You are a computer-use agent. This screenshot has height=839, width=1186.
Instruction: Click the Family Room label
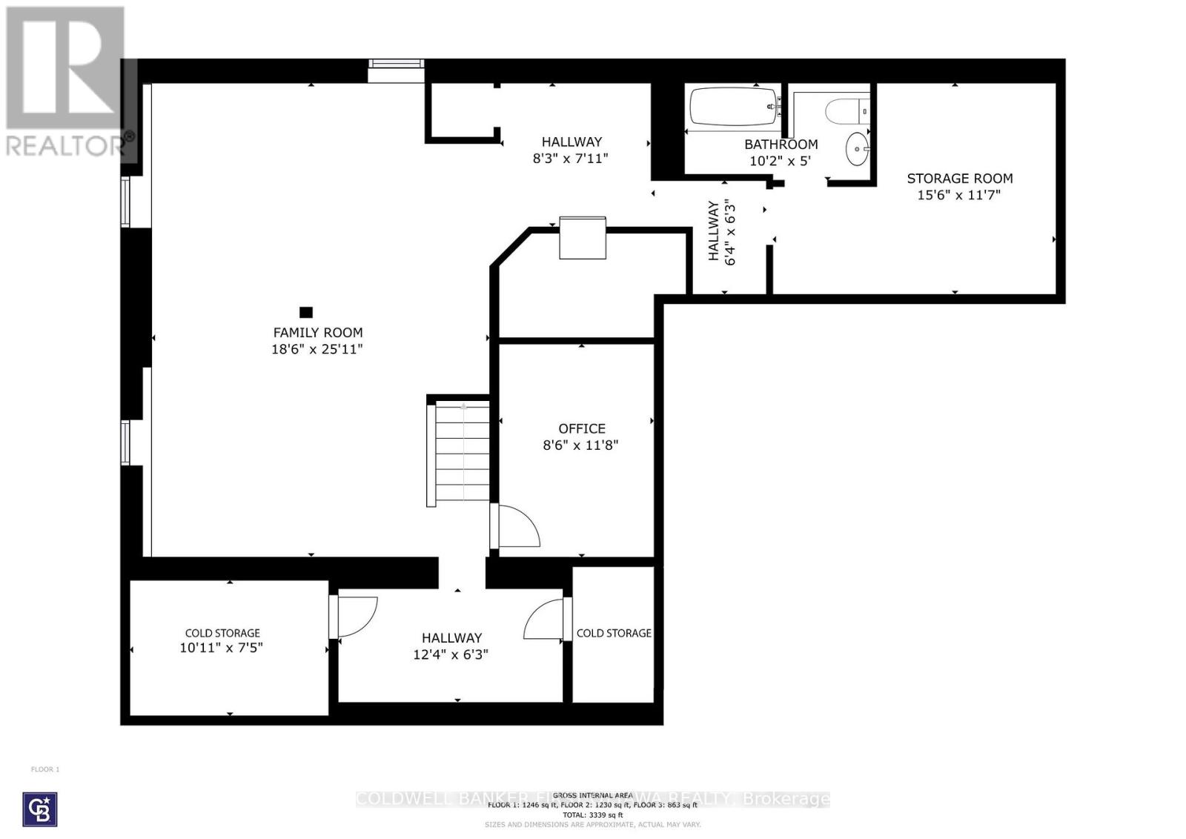[318, 333]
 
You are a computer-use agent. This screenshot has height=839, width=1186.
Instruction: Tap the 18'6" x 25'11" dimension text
[317, 349]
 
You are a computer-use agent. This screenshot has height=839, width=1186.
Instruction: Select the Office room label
[582, 428]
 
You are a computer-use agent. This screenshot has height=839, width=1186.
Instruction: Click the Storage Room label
[960, 178]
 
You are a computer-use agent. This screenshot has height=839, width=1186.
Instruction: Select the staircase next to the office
[462, 452]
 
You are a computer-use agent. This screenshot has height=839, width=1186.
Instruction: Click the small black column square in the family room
[305, 312]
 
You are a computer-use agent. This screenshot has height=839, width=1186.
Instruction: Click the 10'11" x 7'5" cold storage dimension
[222, 648]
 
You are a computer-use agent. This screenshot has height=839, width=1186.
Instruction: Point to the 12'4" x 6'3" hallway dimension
[451, 654]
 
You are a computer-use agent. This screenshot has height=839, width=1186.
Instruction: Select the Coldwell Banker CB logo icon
[40, 809]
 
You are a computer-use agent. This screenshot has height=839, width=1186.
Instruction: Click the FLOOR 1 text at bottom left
[45, 769]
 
